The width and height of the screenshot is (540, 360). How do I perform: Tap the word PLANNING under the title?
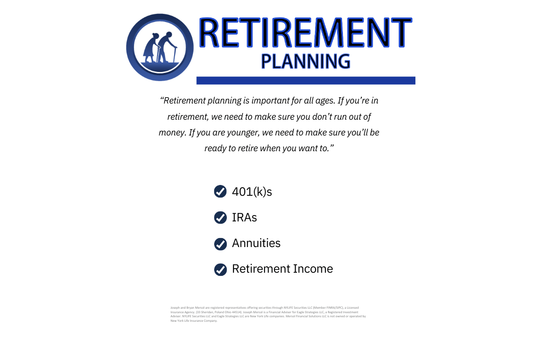(x=306, y=61)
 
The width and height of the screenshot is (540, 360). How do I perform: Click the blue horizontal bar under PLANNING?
(x=306, y=81)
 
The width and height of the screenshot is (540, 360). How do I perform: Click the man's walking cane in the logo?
(x=175, y=54)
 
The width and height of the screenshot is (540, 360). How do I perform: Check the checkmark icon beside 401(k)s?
(x=220, y=192)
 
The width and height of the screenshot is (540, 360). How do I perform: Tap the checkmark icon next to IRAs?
(x=220, y=218)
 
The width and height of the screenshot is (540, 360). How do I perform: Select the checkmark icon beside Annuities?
(x=220, y=244)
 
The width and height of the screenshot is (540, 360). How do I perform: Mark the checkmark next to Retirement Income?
(x=220, y=270)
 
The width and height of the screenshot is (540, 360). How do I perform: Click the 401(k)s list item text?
(x=252, y=192)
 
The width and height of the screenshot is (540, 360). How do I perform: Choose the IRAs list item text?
(x=244, y=218)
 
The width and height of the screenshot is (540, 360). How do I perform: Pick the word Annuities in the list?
(x=256, y=243)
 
